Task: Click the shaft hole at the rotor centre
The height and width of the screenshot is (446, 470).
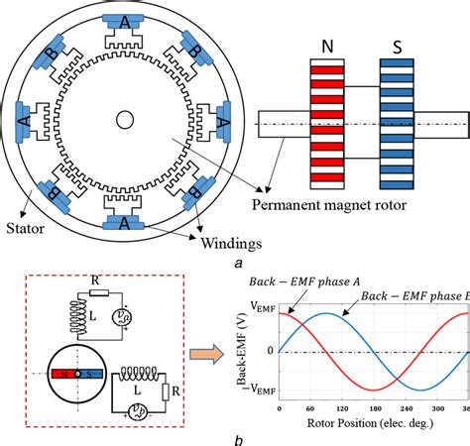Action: tap(126, 120)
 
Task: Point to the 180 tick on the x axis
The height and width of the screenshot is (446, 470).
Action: tap(375, 407)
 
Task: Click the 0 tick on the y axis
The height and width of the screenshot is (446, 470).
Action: tap(270, 351)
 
